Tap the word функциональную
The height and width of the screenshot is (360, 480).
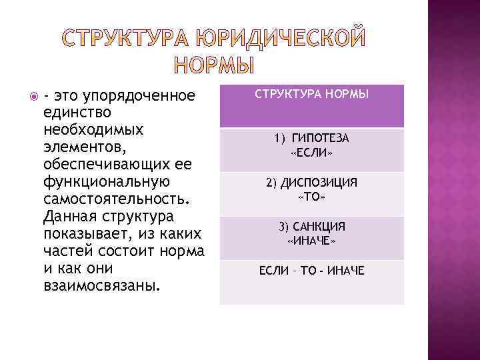point(106,181)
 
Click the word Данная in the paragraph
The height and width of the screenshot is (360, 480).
point(68,216)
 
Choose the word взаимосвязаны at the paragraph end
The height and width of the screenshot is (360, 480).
point(101,286)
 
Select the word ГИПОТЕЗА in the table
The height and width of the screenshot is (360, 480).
point(321,139)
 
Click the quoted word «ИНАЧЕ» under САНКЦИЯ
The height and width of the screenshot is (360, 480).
point(311,241)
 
